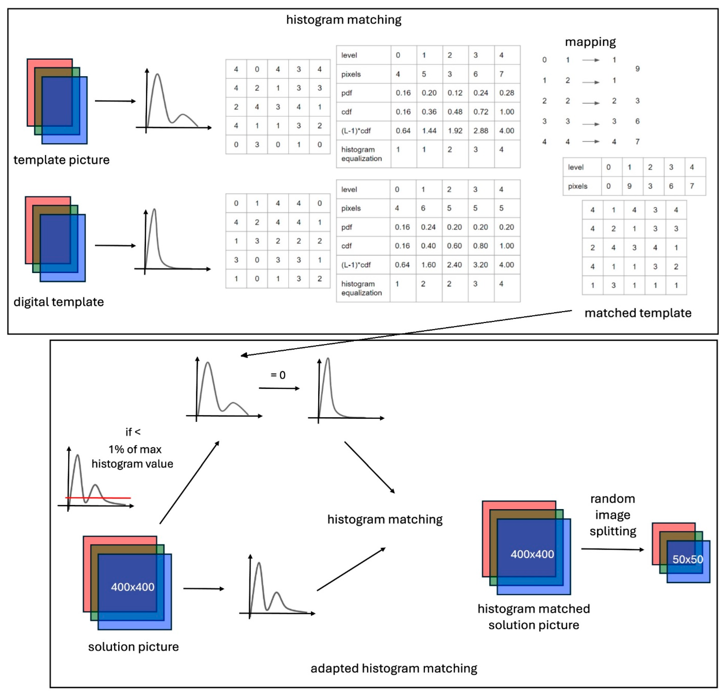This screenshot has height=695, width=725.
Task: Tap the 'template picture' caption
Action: pos(61,160)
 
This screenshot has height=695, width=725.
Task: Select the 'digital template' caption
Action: pos(58,302)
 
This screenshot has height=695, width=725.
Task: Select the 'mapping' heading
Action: pos(590,42)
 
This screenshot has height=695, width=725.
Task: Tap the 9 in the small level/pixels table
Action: pos(629,186)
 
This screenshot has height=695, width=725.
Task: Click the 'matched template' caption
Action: pos(638,313)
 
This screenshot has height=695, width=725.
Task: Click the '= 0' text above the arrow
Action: pos(278,375)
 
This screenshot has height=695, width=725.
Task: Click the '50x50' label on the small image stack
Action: pos(687,559)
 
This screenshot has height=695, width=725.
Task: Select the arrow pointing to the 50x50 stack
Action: pos(612,549)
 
